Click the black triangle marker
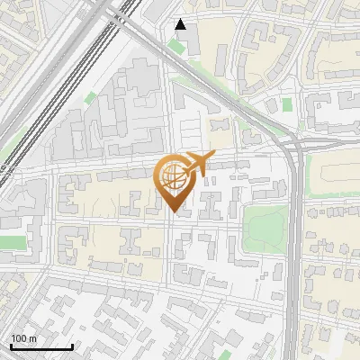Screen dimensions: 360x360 181,24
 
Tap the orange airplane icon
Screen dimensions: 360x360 197,165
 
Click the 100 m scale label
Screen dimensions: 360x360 24,337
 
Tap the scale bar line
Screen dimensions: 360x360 41,346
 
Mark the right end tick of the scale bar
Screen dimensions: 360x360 72,346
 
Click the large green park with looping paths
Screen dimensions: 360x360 266,229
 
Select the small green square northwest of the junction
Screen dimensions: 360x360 287,105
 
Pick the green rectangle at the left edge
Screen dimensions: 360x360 13,242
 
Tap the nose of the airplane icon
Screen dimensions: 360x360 212,157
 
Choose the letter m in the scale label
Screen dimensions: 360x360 32,337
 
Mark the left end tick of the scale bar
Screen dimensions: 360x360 11,346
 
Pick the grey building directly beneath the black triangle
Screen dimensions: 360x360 183,43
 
